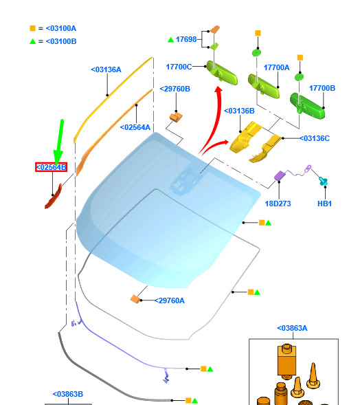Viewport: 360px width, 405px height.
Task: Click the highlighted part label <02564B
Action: point(51,167)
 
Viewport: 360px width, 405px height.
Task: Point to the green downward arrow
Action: point(59,142)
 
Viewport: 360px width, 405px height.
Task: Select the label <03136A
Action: point(106,69)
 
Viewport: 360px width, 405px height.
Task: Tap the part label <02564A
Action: point(135,127)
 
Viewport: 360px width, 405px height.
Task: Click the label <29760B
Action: point(175,89)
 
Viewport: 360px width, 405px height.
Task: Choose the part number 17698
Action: point(186,39)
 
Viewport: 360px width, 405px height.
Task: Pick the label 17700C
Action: point(179,67)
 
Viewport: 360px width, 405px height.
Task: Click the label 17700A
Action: point(277,67)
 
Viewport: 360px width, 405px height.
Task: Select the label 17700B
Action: point(322,88)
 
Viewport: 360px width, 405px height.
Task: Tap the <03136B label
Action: point(239,111)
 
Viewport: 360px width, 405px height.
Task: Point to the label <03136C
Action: point(315,138)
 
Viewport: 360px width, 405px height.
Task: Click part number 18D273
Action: point(278,204)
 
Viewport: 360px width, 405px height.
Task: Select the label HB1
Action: point(324,204)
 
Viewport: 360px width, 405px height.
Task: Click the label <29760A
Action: point(170,300)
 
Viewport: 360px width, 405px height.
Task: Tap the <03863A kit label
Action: point(292,328)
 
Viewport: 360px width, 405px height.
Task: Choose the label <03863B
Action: point(68,394)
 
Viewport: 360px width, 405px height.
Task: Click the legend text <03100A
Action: point(61,28)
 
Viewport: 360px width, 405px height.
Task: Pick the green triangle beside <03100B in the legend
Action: point(32,41)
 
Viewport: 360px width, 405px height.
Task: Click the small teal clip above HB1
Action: point(323,181)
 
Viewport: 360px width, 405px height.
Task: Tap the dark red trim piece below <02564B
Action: point(54,197)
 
